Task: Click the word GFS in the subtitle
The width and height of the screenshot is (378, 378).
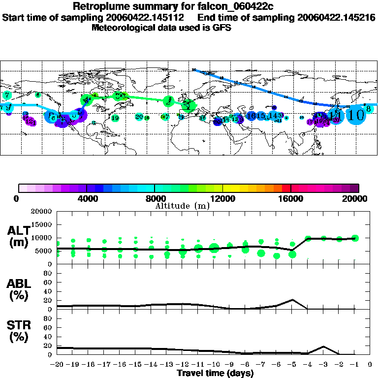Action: pyautogui.click(x=222, y=28)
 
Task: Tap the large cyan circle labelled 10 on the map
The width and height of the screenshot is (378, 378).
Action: pyautogui.click(x=355, y=115)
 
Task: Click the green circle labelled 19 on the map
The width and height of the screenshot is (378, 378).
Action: pyautogui.click(x=115, y=118)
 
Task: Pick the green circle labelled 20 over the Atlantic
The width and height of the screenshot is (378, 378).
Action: pyautogui.click(x=139, y=117)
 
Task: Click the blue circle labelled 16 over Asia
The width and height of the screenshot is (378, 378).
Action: pyautogui.click(x=252, y=116)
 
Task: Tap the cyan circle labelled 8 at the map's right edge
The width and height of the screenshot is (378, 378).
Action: pyautogui.click(x=368, y=108)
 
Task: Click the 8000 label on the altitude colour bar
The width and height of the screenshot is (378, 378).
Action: pyautogui.click(x=155, y=199)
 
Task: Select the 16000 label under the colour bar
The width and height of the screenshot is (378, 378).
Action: pyautogui.click(x=290, y=199)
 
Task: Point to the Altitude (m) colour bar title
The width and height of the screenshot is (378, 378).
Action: pyautogui.click(x=182, y=206)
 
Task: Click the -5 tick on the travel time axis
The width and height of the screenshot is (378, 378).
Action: pyautogui.click(x=292, y=364)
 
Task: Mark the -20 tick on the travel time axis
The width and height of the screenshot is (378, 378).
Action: pyautogui.click(x=58, y=364)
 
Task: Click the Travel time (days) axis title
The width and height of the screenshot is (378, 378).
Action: pyautogui.click(x=215, y=373)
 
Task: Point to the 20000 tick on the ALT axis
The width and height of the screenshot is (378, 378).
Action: pyautogui.click(x=42, y=212)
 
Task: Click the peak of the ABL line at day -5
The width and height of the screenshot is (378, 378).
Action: pyautogui.click(x=292, y=299)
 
